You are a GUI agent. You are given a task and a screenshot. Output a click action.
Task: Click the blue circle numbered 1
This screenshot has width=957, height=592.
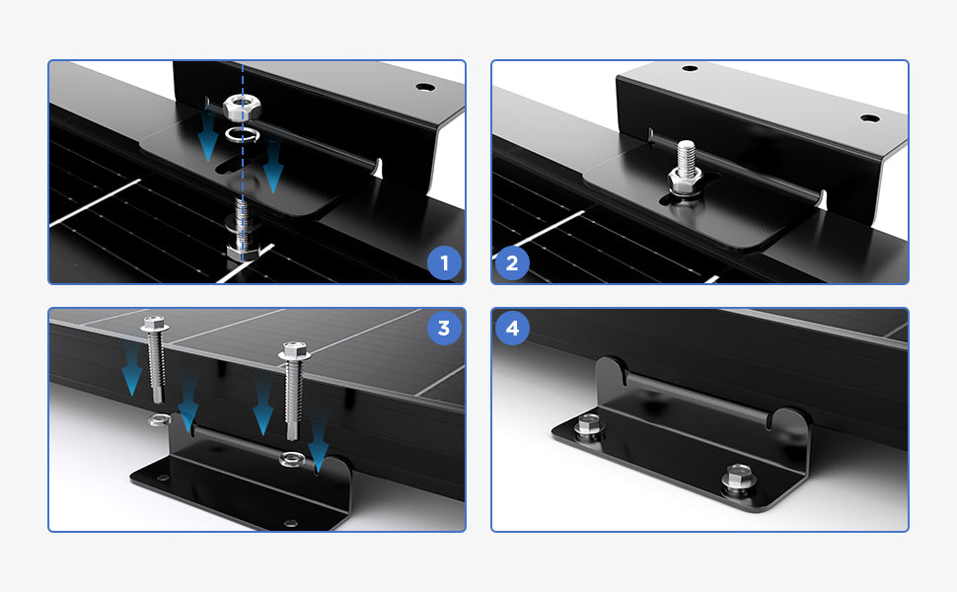click(444, 263)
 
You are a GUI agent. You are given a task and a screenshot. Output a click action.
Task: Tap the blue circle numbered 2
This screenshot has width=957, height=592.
click(511, 263)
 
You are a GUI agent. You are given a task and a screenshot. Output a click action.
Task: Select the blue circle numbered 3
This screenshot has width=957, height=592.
click(444, 329)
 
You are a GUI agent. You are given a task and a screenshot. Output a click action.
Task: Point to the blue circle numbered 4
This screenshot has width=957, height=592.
click(511, 329)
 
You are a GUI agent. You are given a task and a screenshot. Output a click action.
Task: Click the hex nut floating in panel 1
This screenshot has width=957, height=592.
click(243, 108)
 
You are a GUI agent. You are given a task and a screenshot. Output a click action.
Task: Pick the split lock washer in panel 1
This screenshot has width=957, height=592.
click(242, 133)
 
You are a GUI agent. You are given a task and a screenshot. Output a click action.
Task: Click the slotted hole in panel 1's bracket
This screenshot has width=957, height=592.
click(234, 165)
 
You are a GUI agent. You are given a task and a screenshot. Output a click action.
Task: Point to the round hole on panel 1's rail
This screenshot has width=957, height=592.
click(425, 87)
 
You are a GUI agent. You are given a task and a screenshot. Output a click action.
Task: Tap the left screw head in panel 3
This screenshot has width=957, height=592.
click(155, 324)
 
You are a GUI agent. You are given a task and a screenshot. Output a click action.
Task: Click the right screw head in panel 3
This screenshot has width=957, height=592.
click(294, 350)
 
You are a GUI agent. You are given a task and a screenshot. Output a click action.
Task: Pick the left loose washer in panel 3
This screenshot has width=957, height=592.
click(160, 419)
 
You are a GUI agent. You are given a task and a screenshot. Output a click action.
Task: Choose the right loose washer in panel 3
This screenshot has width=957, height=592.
click(292, 459)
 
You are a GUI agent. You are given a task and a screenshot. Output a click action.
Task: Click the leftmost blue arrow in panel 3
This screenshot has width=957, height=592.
click(132, 369)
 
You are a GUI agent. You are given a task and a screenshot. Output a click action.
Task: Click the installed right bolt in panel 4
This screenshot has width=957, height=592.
click(739, 477)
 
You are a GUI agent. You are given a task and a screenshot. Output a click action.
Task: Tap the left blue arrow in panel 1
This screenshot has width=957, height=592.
click(208, 137)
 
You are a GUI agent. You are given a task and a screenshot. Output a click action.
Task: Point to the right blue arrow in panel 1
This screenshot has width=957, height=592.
click(273, 167)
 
